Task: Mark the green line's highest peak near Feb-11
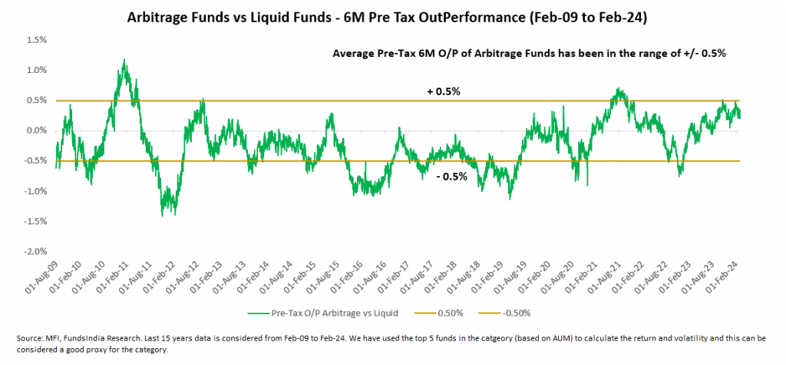(x=124, y=59)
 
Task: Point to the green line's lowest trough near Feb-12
(x=163, y=216)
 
